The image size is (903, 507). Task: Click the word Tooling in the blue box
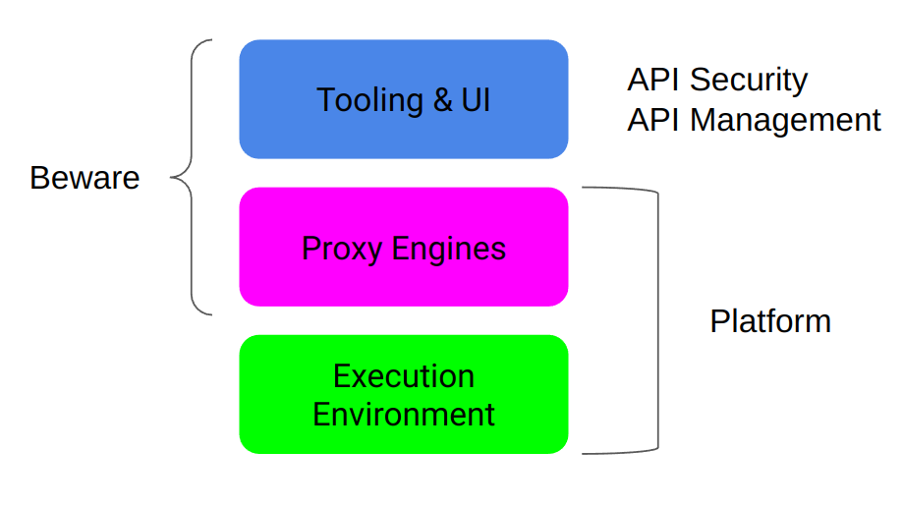coord(363,101)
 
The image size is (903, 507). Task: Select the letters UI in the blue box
coord(475,100)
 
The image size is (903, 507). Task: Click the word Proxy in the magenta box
coord(342,249)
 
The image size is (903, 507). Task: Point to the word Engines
coord(448,249)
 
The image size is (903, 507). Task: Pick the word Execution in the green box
coord(404,376)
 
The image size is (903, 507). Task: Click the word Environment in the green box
coord(404,414)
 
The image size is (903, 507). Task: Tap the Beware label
coord(85,178)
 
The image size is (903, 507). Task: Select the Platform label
coord(770,321)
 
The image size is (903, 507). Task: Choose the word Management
coord(785,120)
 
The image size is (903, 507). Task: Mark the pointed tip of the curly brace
coord(173,178)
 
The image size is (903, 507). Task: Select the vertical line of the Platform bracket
coord(657,321)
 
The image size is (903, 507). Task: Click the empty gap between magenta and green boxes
coord(404,320)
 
